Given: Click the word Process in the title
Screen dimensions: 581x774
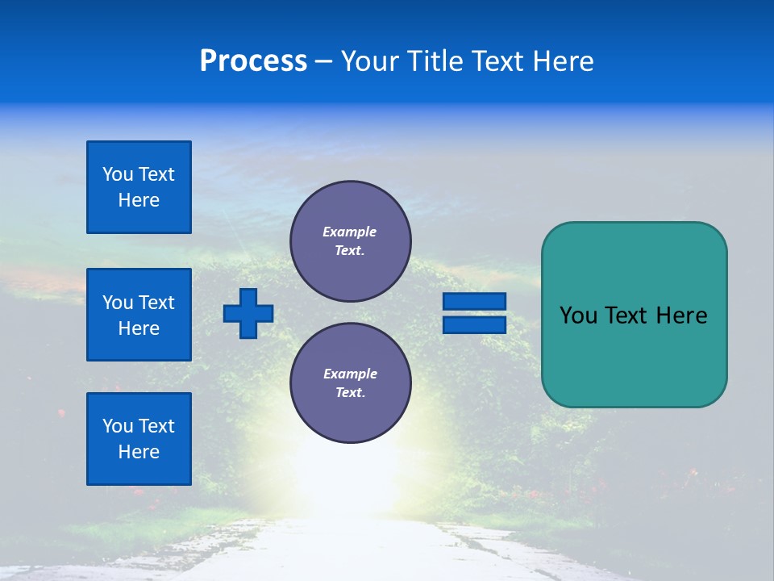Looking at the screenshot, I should tap(253, 61).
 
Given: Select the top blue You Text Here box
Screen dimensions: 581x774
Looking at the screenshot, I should tap(139, 187).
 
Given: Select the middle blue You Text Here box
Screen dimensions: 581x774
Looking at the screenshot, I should tap(139, 315).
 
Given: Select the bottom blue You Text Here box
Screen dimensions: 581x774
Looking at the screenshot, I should tap(139, 439).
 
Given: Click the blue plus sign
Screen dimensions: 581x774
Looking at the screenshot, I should tap(248, 313).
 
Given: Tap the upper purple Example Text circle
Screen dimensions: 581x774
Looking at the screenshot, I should tap(351, 241).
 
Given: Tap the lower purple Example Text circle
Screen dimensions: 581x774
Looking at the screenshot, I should tap(351, 383).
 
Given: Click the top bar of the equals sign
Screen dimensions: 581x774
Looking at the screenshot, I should tap(474, 301).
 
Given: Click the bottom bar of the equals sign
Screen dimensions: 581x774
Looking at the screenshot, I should tap(474, 324).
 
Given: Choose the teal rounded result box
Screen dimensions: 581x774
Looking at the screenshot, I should tap(634, 315).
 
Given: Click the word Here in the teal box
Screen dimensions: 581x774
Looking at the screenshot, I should tap(681, 316).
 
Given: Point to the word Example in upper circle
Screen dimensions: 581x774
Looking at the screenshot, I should tap(350, 232).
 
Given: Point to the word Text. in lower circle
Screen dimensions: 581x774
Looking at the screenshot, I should tap(350, 393).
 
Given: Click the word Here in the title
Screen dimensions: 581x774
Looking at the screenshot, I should tap(561, 61).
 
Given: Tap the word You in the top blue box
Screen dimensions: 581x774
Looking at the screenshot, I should tap(117, 174).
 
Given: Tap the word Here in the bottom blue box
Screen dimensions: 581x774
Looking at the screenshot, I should tap(139, 452).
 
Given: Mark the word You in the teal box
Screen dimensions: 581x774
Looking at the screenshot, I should tap(577, 316).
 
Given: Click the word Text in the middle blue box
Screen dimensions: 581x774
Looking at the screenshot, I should tap(156, 303).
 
